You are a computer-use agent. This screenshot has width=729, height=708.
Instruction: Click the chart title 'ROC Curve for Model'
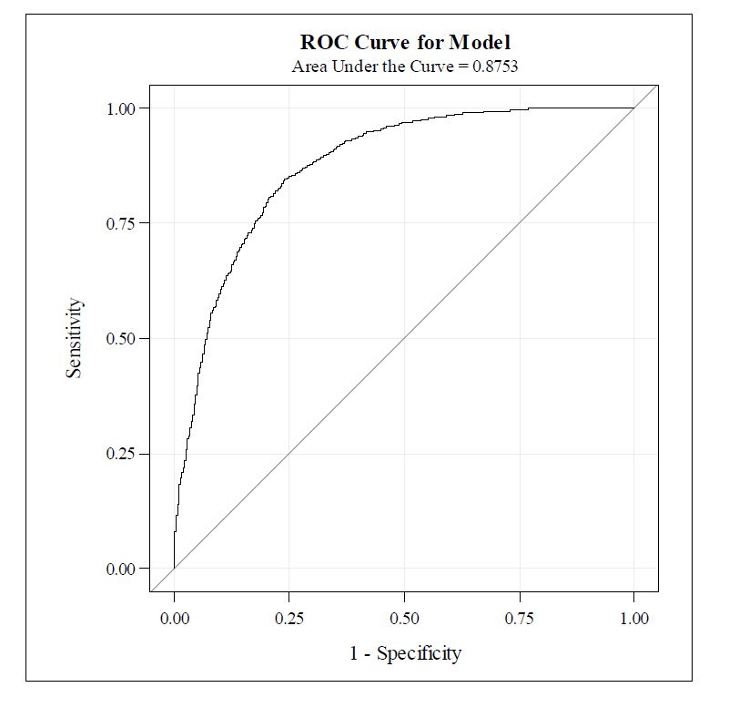pyautogui.click(x=405, y=42)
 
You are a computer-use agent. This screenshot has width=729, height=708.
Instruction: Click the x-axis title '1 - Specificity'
pyautogui.click(x=405, y=653)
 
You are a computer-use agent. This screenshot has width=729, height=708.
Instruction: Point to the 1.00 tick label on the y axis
pyautogui.click(x=121, y=108)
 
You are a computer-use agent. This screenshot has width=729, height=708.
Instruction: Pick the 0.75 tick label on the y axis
pyautogui.click(x=121, y=223)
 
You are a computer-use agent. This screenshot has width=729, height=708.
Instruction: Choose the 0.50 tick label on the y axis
pyautogui.click(x=121, y=339)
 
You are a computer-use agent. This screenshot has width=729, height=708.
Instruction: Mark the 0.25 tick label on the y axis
pyautogui.click(x=121, y=454)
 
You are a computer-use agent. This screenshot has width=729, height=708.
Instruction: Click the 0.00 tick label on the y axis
pyautogui.click(x=121, y=569)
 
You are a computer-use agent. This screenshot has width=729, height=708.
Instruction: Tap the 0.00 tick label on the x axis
pyautogui.click(x=175, y=619)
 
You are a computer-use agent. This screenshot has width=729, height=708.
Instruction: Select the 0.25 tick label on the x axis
pyautogui.click(x=289, y=619)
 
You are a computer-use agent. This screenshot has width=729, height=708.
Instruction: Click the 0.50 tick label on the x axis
pyautogui.click(x=404, y=619)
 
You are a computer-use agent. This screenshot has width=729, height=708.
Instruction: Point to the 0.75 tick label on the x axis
pyautogui.click(x=519, y=619)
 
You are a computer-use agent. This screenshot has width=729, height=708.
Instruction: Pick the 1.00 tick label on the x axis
pyautogui.click(x=633, y=619)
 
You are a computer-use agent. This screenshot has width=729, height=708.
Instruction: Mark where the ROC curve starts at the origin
pyautogui.click(x=175, y=569)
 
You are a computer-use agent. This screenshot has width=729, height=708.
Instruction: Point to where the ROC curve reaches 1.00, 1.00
pyautogui.click(x=633, y=108)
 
